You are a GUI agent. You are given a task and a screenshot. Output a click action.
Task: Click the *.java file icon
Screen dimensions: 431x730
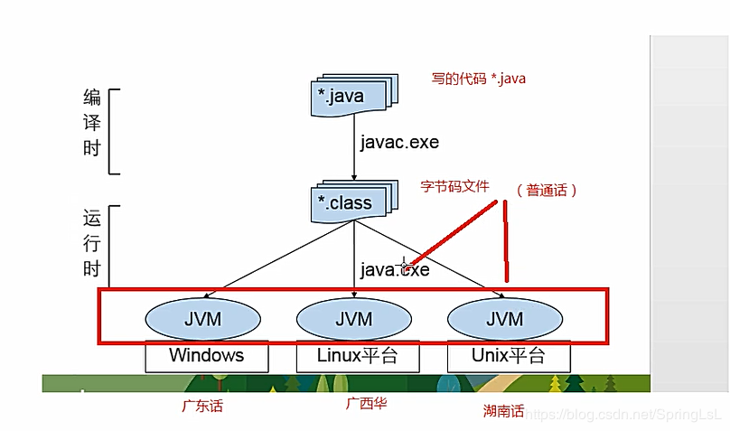pos(349,96)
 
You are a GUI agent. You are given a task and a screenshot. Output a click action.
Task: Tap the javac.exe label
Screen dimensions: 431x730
pos(398,142)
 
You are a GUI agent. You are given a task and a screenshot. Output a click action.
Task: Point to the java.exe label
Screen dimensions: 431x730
pos(395,268)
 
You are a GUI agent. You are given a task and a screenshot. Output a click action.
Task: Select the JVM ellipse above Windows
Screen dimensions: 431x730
pos(202,318)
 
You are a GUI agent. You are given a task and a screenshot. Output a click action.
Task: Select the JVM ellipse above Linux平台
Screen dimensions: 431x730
pos(354,318)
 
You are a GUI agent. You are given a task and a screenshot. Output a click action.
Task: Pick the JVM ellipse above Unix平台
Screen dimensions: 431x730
pos(504,318)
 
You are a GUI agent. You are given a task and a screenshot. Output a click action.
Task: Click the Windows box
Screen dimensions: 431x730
pos(207,355)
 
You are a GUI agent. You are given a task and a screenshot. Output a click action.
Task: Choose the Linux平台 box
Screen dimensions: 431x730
pos(357,355)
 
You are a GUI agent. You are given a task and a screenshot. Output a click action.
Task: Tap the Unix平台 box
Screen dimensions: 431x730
pos(509,355)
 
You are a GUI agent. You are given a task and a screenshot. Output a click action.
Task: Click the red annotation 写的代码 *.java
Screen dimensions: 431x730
pos(479,79)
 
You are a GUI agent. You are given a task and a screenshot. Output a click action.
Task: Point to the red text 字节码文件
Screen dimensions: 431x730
pos(454,186)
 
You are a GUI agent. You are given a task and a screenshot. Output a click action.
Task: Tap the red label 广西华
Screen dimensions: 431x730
pos(366,403)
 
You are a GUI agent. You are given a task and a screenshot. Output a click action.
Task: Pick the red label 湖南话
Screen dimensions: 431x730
pos(503,411)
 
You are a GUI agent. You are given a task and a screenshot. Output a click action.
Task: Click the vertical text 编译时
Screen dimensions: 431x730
pos(92,123)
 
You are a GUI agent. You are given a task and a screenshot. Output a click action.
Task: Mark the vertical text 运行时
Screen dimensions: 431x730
pos(92,244)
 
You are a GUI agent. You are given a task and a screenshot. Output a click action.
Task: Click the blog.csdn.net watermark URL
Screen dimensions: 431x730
pos(623,413)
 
